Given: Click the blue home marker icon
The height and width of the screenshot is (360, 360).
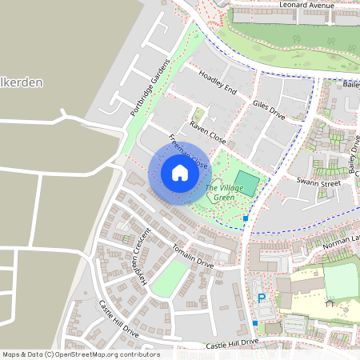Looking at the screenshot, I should pyautogui.click(x=179, y=173).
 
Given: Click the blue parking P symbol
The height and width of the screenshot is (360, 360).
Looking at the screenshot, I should pyautogui.click(x=261, y=298).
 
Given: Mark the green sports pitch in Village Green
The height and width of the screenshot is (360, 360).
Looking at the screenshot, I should pyautogui.click(x=247, y=185).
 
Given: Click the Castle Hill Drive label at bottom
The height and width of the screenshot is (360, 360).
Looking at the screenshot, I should pyautogui.click(x=232, y=342).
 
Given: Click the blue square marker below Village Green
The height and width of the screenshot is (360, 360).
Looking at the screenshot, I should pyautogui.click(x=246, y=218).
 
